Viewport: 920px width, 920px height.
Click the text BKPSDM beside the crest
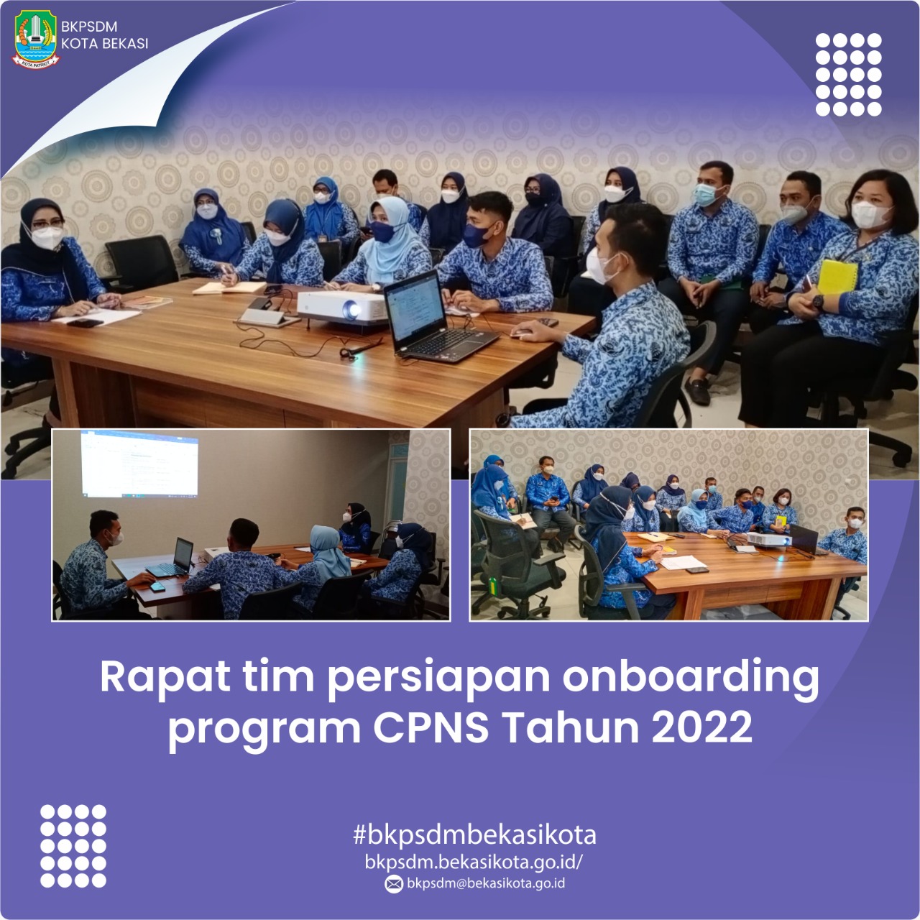point(89,27)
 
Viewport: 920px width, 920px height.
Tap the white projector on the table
point(342,307)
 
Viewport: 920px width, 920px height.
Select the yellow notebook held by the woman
point(837,277)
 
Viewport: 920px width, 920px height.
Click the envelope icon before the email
point(393,884)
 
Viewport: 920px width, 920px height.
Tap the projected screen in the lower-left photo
point(139,464)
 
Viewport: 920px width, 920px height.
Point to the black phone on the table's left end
point(85,323)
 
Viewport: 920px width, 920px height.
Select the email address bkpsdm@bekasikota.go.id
point(486,883)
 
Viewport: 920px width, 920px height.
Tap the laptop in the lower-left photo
point(172,558)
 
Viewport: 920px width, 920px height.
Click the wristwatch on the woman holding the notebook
point(818,303)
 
